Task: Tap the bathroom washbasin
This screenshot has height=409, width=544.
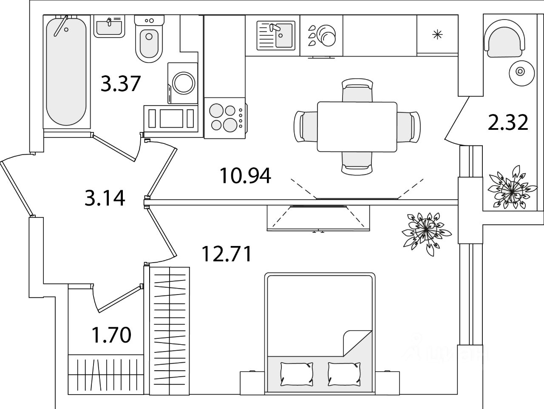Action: coord(109,27)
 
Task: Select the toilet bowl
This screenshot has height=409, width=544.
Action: coord(149,43)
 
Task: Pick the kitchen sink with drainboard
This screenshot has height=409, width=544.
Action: coord(276,35)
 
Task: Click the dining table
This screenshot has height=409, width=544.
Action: coord(357,126)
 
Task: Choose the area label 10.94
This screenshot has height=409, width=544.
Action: coord(245,176)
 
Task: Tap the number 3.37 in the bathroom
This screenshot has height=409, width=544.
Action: coord(121,83)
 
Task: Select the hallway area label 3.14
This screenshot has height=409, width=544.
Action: coord(105,198)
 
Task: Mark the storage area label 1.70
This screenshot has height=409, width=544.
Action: coord(111,335)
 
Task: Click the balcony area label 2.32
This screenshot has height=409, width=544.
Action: coord(508,122)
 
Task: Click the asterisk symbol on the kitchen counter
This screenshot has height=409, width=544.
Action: coord(437,34)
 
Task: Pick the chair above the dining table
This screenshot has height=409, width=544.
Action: coord(357,90)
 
